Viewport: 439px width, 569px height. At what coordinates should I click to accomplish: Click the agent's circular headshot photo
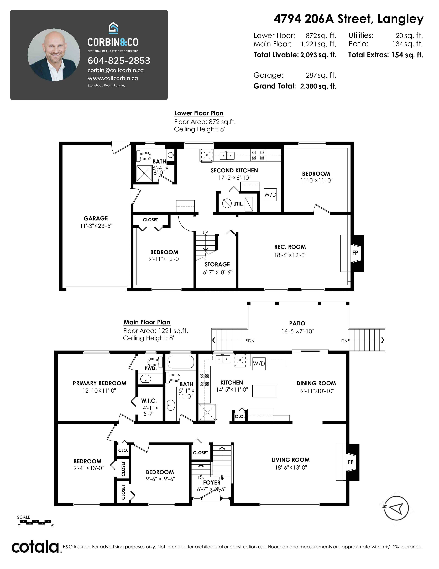pos(54,55)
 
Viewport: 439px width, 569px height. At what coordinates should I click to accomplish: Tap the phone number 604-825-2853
pos(119,61)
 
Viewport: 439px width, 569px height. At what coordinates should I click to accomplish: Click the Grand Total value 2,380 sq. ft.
pos(318,86)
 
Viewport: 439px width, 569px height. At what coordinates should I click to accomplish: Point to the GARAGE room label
pos(96,218)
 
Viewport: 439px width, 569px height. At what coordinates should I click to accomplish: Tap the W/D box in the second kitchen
pos(270,195)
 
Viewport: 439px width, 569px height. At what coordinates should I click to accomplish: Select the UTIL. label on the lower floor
pos(238,204)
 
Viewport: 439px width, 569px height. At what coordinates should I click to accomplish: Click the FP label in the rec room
pos(355,252)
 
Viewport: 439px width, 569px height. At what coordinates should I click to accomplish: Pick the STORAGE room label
pos(217,264)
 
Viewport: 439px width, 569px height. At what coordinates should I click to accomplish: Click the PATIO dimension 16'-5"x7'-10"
pos(297,331)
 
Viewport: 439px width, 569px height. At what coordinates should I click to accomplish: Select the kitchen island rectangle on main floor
pos(265,391)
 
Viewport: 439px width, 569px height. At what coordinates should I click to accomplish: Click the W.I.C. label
pos(149,401)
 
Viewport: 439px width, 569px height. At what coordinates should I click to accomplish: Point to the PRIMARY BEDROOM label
pos(100,383)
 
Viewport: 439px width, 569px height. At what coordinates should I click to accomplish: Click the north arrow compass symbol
pos(396,508)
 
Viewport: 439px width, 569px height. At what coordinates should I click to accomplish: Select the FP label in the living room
pos(351,462)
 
